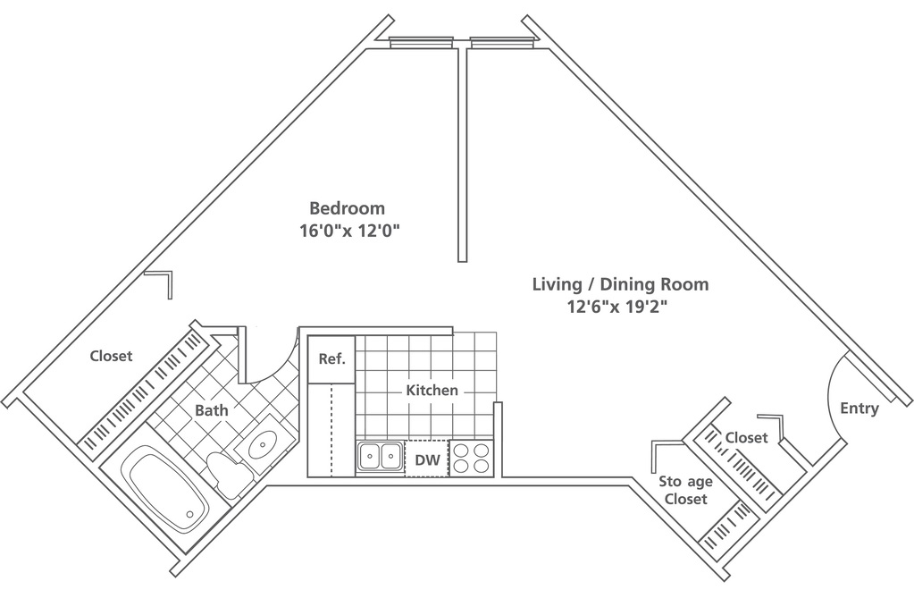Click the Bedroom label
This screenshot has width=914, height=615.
(347, 208)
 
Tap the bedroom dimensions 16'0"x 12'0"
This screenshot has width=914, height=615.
(349, 232)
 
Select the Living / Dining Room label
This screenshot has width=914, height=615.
(620, 284)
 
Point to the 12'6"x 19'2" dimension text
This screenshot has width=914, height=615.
(617, 307)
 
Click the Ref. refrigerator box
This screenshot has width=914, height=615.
(331, 359)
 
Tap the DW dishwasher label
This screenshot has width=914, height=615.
(427, 460)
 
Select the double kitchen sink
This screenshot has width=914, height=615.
(380, 457)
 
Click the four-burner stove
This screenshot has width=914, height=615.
(471, 458)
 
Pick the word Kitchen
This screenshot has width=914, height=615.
(432, 390)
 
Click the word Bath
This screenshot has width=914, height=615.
(212, 410)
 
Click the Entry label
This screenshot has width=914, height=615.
(859, 409)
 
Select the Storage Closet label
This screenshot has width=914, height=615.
(686, 490)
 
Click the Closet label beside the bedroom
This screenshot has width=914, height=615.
(112, 356)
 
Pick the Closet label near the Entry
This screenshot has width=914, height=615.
(747, 437)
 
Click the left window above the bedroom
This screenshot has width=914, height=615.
(422, 41)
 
